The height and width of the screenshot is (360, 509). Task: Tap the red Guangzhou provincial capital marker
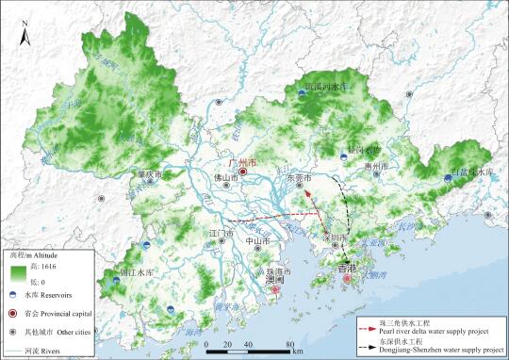[x=242, y=173]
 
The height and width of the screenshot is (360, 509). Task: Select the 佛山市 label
[x=219, y=176]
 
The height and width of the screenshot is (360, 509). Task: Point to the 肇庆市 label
[x=150, y=175]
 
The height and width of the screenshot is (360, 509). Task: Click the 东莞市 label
[x=297, y=176]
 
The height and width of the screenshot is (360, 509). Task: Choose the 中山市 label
[x=258, y=241]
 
